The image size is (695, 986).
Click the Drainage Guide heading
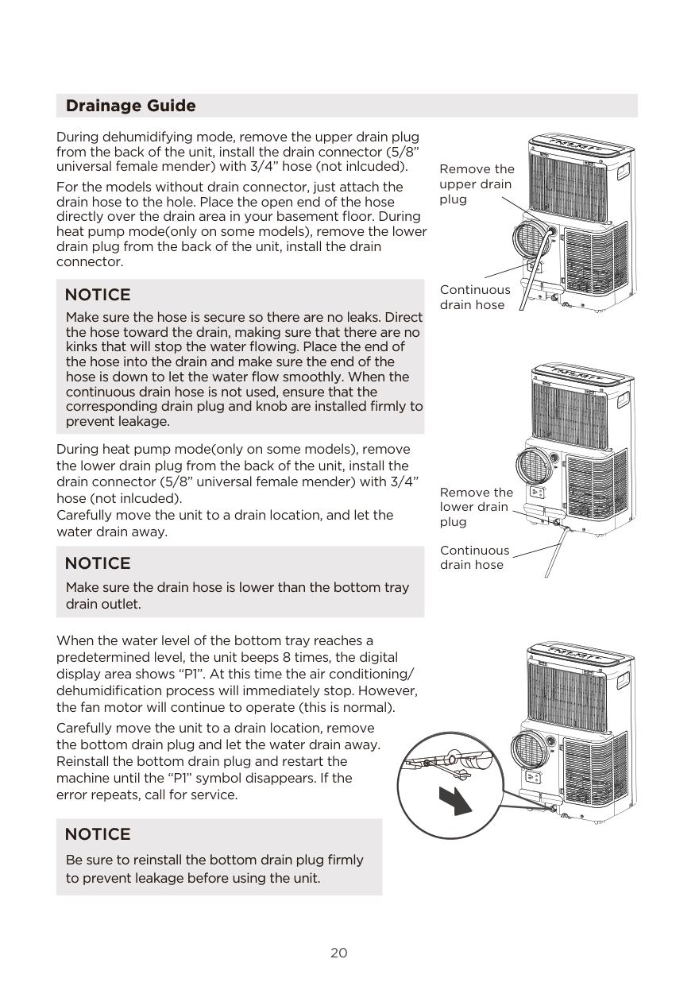(130, 106)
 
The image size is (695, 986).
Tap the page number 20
(339, 953)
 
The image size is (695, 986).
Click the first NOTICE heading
(98, 295)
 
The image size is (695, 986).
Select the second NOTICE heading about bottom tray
(98, 563)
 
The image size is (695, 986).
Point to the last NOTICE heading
(98, 834)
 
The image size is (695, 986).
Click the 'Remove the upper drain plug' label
(477, 184)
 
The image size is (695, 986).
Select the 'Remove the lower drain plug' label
(477, 507)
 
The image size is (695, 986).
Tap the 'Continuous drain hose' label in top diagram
(475, 297)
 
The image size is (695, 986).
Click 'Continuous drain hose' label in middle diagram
(475, 557)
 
